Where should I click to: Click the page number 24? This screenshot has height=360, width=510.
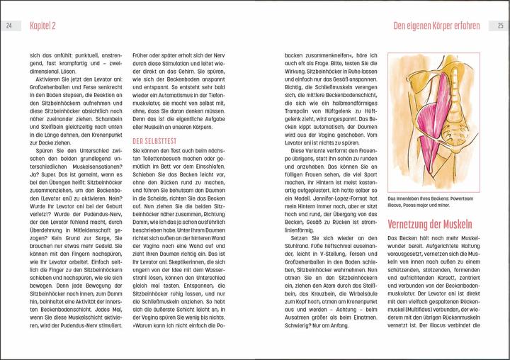pos(8,26)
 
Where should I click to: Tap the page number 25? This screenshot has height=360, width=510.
pos(500,26)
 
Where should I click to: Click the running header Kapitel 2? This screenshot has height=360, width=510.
pos(44,26)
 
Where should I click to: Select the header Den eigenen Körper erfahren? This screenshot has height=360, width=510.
pos(436,26)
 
